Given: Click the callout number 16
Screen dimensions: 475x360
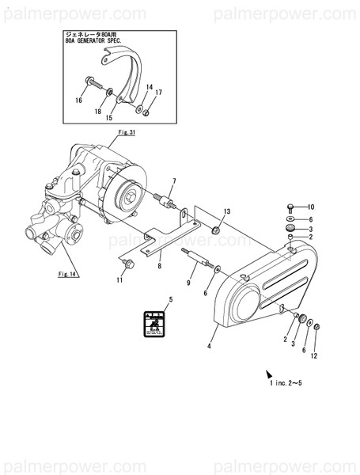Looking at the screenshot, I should pyautogui.click(x=79, y=101).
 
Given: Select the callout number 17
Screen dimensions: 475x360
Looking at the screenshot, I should pyautogui.click(x=158, y=93).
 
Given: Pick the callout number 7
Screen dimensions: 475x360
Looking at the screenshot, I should pyautogui.click(x=173, y=182).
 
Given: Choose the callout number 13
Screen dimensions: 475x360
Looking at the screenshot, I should pyautogui.click(x=226, y=212).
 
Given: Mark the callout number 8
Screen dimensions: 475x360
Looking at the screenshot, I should pyautogui.click(x=159, y=266).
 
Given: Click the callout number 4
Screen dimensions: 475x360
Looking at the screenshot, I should pyautogui.click(x=210, y=345).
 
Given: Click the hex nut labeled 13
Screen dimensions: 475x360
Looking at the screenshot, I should pyautogui.click(x=215, y=230).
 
